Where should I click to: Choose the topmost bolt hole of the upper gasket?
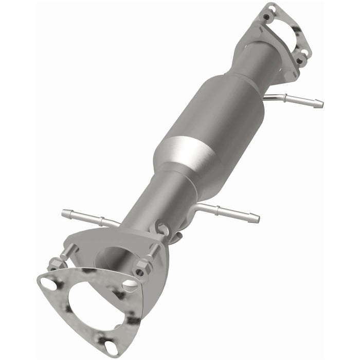pos(266,16)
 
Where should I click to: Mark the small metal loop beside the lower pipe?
pos(161,227)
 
